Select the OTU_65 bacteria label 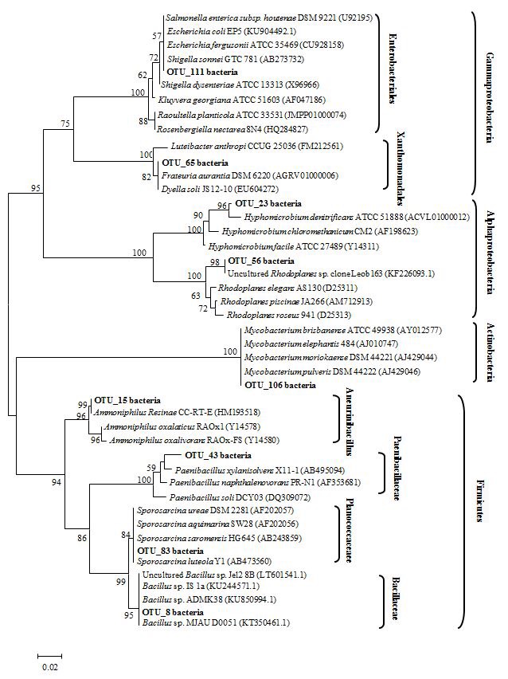[x=202, y=163]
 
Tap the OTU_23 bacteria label [x=260, y=204]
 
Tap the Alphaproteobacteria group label [x=490, y=253]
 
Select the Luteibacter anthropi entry [x=256, y=146]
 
